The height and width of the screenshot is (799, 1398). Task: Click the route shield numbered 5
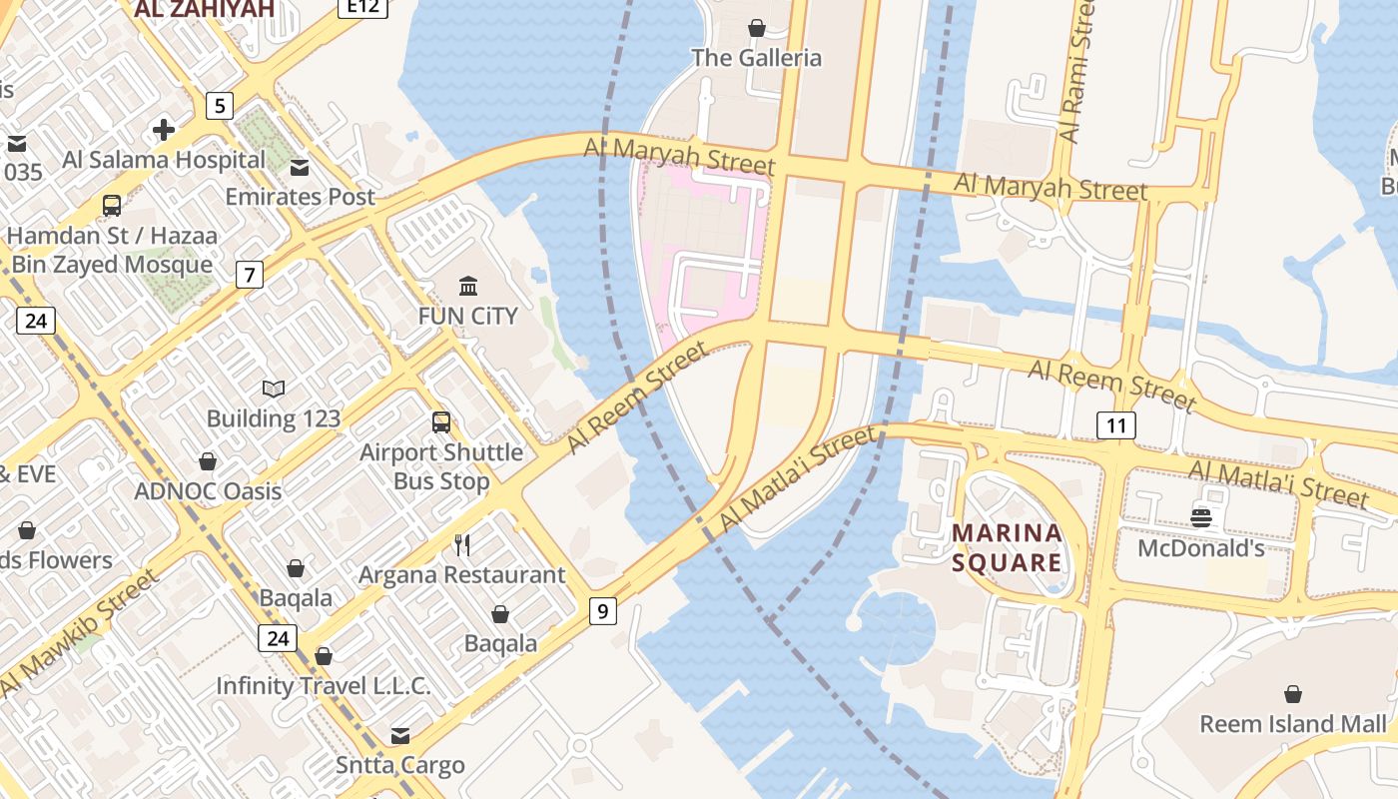pyautogui.click(x=220, y=105)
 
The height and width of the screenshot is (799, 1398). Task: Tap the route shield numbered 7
pyautogui.click(x=250, y=274)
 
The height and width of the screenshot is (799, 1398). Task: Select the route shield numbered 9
pyautogui.click(x=602, y=610)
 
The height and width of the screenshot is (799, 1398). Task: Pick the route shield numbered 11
pyautogui.click(x=1116, y=426)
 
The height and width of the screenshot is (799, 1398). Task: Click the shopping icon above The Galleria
pyautogui.click(x=757, y=28)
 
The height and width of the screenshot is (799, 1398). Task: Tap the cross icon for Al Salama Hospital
pyautogui.click(x=164, y=130)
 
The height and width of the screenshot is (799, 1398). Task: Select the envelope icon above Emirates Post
pyautogui.click(x=300, y=167)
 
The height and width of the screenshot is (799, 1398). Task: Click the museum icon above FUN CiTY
pyautogui.click(x=467, y=287)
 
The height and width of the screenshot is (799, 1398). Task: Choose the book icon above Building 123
pyautogui.click(x=274, y=389)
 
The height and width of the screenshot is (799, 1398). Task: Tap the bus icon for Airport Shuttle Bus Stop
pyautogui.click(x=441, y=422)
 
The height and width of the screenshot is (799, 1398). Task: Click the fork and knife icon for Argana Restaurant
pyautogui.click(x=462, y=544)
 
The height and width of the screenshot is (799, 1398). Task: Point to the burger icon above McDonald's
pyautogui.click(x=1201, y=517)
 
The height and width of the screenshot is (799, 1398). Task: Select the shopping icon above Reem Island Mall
pyautogui.click(x=1293, y=693)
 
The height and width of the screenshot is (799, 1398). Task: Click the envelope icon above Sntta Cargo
pyautogui.click(x=400, y=736)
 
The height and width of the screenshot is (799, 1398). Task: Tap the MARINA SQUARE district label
pyautogui.click(x=1007, y=547)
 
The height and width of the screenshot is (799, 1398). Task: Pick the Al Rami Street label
pyautogui.click(x=1076, y=70)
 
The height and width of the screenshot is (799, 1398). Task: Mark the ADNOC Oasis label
pyautogui.click(x=208, y=491)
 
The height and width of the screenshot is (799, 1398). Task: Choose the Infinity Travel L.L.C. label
pyautogui.click(x=324, y=686)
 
